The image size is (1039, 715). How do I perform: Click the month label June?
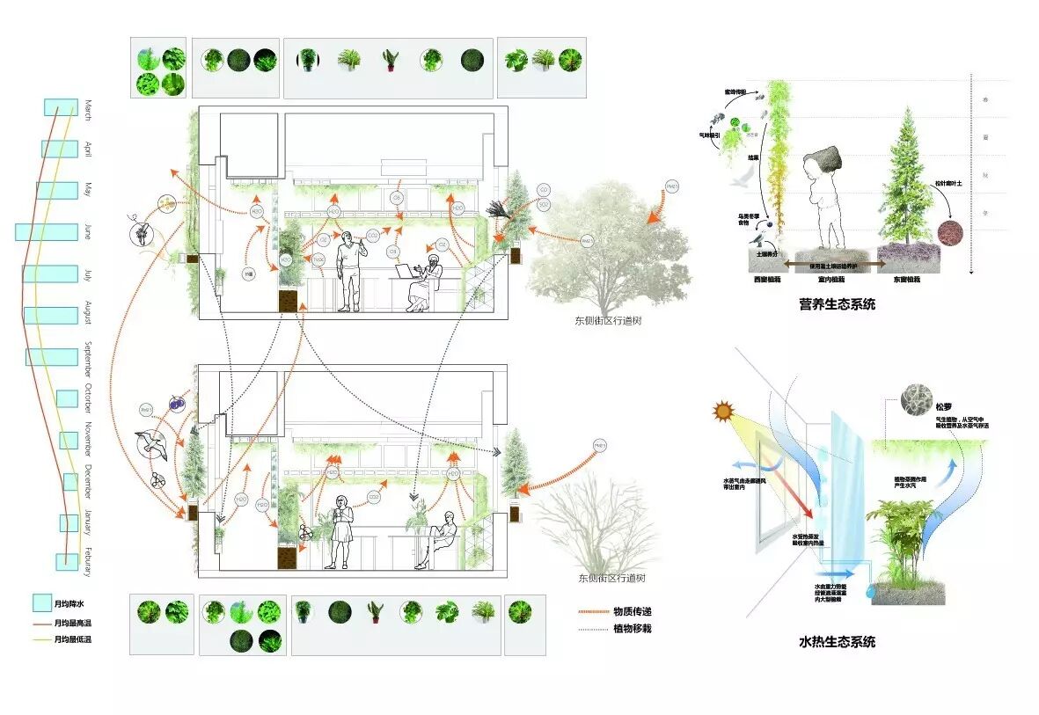click(87, 232)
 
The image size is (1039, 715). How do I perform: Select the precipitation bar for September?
click(52, 357)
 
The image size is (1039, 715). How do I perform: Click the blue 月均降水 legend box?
click(41, 604)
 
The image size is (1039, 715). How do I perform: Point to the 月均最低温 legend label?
click(72, 639)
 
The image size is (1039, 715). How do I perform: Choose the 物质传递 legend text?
click(633, 611)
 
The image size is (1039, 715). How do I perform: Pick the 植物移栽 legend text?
click(633, 628)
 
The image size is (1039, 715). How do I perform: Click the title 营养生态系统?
click(837, 304)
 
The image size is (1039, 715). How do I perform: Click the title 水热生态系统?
click(837, 642)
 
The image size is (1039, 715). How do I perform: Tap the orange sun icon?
click(723, 411)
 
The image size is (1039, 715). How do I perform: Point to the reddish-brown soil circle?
click(950, 233)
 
